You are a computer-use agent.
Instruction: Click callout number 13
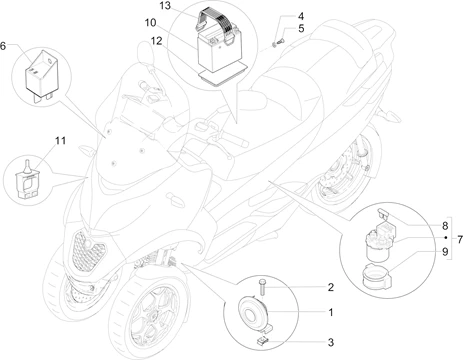point(165,6)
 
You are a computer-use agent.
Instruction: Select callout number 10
point(150,23)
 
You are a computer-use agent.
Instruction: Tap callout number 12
point(156,41)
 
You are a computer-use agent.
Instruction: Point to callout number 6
point(3,46)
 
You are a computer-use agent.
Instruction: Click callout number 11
point(60,141)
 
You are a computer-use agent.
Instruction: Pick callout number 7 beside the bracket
point(460,239)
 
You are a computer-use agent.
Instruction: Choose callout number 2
point(330,287)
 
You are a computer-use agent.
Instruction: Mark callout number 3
point(330,342)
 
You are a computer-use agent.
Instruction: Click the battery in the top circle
point(217,50)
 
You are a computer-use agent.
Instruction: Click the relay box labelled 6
point(39,74)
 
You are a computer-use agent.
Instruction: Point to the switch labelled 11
point(26,181)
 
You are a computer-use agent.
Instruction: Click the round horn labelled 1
point(252,313)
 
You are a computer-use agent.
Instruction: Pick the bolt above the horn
point(262,287)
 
